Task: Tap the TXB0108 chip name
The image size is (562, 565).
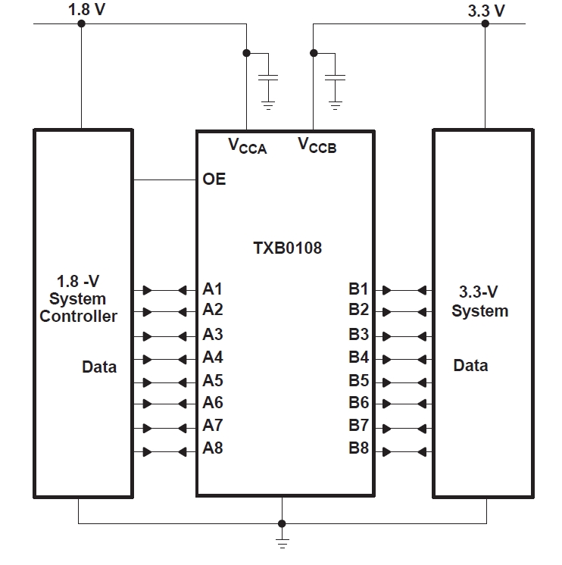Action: [286, 248]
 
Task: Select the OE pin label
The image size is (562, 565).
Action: [214, 180]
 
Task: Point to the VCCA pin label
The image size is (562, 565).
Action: [248, 145]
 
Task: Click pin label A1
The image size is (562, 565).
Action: [213, 289]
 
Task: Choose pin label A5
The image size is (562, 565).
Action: [213, 380]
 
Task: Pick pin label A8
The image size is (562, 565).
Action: [213, 448]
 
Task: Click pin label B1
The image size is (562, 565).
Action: [358, 289]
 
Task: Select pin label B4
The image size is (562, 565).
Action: [358, 357]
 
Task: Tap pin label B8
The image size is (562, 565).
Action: [358, 448]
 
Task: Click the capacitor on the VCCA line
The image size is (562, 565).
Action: [268, 78]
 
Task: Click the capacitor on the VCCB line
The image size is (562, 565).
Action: [335, 78]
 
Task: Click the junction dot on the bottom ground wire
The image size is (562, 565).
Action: [282, 523]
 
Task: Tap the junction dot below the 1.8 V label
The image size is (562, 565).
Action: [82, 23]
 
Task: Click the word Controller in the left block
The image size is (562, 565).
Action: [79, 317]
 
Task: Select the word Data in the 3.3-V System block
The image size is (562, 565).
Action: [470, 366]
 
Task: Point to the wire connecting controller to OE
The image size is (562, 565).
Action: [164, 180]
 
